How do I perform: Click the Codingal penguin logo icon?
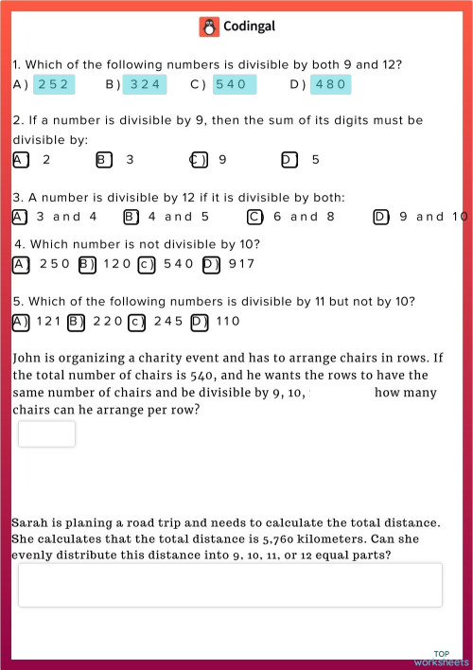[209, 26]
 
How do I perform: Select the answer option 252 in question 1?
[53, 84]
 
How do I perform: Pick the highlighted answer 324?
[145, 84]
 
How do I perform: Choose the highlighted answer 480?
[330, 84]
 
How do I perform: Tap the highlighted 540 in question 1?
[230, 84]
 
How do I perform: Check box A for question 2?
[20, 159]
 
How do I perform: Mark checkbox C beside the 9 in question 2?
[199, 159]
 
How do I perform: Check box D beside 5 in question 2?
[289, 159]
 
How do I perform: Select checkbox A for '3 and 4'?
[20, 217]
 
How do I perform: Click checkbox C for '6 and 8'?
[254, 217]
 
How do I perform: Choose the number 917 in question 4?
[241, 264]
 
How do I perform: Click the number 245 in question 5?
[168, 322]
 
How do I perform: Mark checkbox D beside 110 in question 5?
[199, 322]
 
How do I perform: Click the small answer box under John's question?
[46, 433]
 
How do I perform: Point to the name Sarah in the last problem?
[31, 522]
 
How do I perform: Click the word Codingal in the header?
[249, 26]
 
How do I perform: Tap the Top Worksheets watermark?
[441, 658]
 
